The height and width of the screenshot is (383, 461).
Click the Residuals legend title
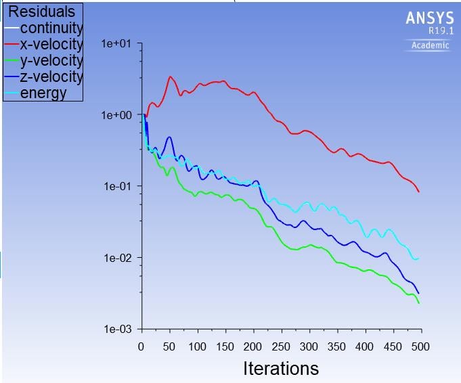pos(41,12)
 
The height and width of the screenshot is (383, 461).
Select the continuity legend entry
pos(51,28)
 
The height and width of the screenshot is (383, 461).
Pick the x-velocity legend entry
pos(51,45)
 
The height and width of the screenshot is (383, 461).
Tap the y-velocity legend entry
pos(51,61)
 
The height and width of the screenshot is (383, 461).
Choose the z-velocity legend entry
pos(51,76)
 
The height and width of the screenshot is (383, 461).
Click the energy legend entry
pos(43,93)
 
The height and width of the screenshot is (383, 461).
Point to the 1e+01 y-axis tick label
pos(117,44)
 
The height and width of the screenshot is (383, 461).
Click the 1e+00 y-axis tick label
pos(117,115)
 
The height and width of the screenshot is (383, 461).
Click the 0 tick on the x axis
pos(141,346)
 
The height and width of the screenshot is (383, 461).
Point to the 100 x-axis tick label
pos(197,346)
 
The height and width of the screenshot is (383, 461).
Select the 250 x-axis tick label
pos(281,346)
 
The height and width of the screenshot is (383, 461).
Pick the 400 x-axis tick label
pos(365,346)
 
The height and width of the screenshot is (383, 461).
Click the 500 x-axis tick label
pos(420,346)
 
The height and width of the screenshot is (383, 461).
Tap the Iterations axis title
pos(281,369)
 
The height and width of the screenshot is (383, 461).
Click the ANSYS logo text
pos(429,18)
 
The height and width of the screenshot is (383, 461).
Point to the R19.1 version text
pos(440,31)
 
